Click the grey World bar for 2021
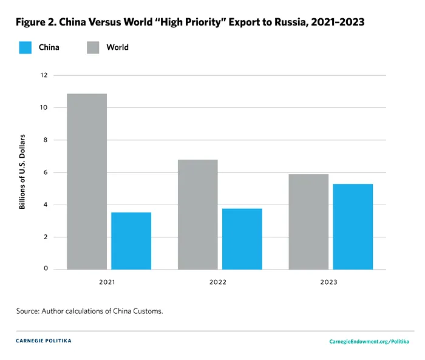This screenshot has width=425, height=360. point(87,182)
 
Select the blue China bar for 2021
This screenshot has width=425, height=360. point(131,241)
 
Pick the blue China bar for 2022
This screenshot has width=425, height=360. point(242,239)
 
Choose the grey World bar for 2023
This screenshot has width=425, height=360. point(308,222)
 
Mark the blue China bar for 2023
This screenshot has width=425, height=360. point(353,226)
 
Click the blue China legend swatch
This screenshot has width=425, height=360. point(25,47)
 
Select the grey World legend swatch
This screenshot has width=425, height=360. point(93,47)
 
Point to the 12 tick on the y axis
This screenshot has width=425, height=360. point(43,75)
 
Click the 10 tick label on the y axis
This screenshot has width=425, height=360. point(43,107)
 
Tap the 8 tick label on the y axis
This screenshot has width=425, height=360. point(44,140)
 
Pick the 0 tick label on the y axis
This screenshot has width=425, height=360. point(44,269)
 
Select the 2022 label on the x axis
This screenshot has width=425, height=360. point(219,282)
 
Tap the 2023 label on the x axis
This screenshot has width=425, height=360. point(330,282)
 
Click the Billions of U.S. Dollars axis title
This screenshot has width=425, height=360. point(22,172)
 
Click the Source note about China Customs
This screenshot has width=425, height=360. point(90,311)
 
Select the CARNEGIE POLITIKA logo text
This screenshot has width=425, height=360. point(44,341)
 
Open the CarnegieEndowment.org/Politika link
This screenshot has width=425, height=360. point(368,342)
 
